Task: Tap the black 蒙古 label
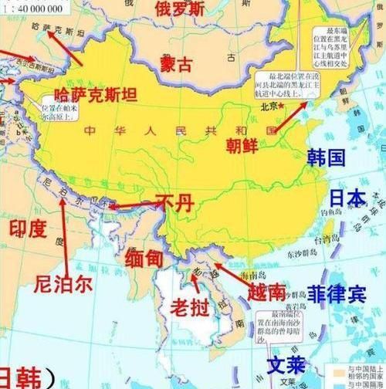(x=176, y=64)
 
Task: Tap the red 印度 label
(x=28, y=228)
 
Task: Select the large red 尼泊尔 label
(x=63, y=283)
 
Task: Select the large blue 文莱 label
(x=286, y=364)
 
